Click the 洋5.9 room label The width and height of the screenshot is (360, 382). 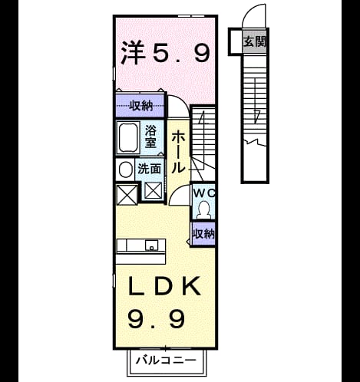tap(166, 53)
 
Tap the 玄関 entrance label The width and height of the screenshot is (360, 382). tap(255, 41)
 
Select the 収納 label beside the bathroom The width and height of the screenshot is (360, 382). tap(140, 105)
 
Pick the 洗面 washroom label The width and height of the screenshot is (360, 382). tap(150, 169)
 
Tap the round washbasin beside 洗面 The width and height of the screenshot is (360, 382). tap(125, 170)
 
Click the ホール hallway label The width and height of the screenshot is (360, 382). tap(178, 153)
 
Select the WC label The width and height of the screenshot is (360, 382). tap(204, 193)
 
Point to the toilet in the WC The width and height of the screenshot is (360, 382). tap(204, 209)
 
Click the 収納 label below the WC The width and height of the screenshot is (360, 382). tap(203, 234)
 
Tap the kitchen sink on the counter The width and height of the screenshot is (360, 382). tap(152, 245)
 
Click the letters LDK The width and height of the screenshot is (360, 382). tap(164, 286)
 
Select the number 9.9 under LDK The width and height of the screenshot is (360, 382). tap(156, 319)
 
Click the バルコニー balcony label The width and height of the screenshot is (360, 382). tap(167, 361)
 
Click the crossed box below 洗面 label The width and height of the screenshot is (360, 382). tap(153, 191)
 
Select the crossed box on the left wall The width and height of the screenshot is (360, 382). tap(127, 194)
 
